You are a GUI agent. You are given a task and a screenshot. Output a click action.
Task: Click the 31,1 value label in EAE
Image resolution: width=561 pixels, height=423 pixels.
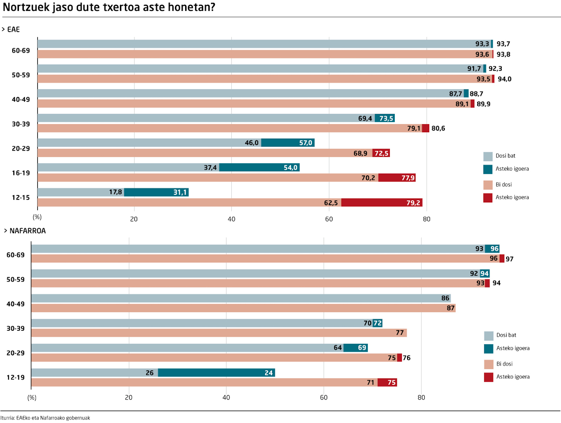pos(180,192)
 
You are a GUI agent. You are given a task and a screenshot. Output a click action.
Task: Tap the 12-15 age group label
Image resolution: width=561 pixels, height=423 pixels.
pos(21,197)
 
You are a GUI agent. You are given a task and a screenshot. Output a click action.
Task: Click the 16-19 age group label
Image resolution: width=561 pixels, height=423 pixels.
pos(21,173)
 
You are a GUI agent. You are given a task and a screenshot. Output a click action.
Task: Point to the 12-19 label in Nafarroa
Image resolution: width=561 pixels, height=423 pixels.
pos(15,377)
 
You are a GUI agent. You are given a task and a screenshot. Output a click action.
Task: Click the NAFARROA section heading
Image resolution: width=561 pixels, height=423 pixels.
pos(27,231)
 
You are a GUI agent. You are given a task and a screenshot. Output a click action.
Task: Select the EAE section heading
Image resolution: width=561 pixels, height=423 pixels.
pos(13,29)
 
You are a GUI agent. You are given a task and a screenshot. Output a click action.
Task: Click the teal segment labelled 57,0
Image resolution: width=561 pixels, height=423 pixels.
pos(288,143)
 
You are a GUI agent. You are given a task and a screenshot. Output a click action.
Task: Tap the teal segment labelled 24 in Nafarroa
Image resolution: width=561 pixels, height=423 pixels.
pos(216,372)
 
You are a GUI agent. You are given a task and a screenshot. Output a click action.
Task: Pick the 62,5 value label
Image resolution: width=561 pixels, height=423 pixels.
pos(331,203)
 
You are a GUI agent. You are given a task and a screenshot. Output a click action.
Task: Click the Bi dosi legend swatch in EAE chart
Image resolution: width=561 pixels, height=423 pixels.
pos(488,185)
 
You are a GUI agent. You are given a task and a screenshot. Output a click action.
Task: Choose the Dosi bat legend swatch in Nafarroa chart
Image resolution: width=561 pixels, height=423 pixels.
pos(488,336)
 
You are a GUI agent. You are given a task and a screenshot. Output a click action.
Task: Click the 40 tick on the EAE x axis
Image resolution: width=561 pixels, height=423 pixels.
pos(231,219)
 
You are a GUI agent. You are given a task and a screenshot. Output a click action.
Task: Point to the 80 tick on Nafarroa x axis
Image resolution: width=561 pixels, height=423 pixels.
pos(421,397)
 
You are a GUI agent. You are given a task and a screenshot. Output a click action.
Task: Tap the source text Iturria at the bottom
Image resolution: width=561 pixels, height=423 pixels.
pos(7,418)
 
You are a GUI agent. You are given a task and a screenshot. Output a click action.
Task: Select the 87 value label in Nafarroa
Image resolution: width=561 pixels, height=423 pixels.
pos(451,308)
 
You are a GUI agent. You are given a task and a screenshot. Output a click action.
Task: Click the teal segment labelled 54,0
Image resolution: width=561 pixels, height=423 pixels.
pos(259,167)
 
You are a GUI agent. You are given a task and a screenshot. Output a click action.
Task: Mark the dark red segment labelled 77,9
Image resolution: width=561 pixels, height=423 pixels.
pos(397,178)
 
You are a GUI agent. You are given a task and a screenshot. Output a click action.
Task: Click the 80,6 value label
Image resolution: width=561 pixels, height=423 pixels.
pos(438,128)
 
